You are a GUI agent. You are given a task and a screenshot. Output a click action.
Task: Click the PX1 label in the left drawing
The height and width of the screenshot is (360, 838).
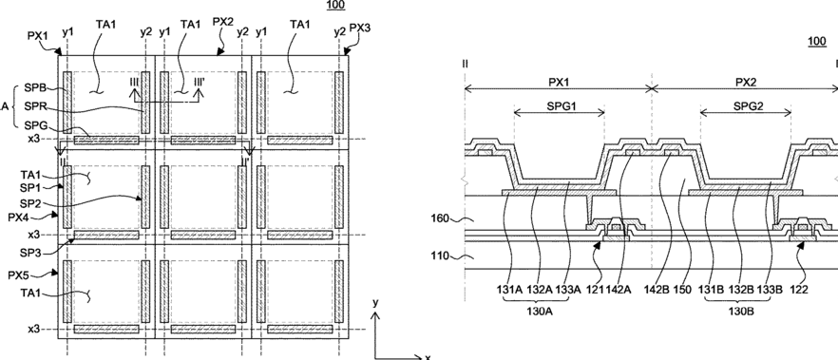click(x=37, y=35)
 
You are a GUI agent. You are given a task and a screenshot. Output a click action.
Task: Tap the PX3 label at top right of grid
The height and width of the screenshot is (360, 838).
click(x=360, y=28)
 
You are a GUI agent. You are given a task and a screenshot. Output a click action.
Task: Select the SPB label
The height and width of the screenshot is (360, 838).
click(x=35, y=87)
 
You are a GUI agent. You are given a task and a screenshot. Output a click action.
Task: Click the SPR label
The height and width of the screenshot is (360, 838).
click(x=35, y=105)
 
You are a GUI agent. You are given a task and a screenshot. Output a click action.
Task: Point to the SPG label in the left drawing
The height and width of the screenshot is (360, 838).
click(x=35, y=124)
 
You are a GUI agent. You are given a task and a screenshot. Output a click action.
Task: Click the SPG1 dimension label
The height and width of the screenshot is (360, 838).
click(x=559, y=105)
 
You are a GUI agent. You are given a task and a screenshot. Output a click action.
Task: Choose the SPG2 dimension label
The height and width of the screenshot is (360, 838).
click(x=745, y=105)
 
